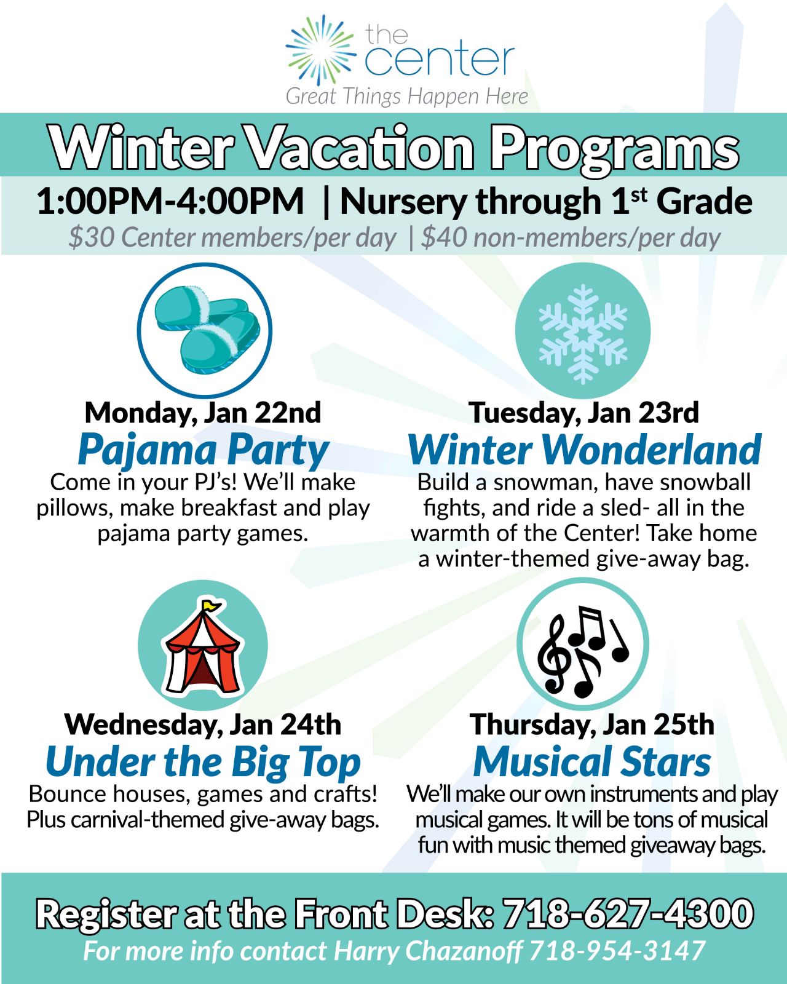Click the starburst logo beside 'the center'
click(x=321, y=50)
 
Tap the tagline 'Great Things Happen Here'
click(x=406, y=97)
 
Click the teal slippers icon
click(x=207, y=330)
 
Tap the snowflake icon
click(x=583, y=334)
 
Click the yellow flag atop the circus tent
click(x=212, y=605)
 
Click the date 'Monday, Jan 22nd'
click(x=203, y=413)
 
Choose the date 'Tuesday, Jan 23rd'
click(x=583, y=413)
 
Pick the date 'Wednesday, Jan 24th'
click(x=203, y=724)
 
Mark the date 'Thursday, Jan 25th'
click(x=591, y=724)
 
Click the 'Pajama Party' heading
click(x=204, y=450)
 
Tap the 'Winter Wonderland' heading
click(x=585, y=450)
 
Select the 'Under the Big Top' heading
click(x=204, y=762)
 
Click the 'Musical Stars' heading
click(x=592, y=761)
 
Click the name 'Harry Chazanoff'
click(x=428, y=951)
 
